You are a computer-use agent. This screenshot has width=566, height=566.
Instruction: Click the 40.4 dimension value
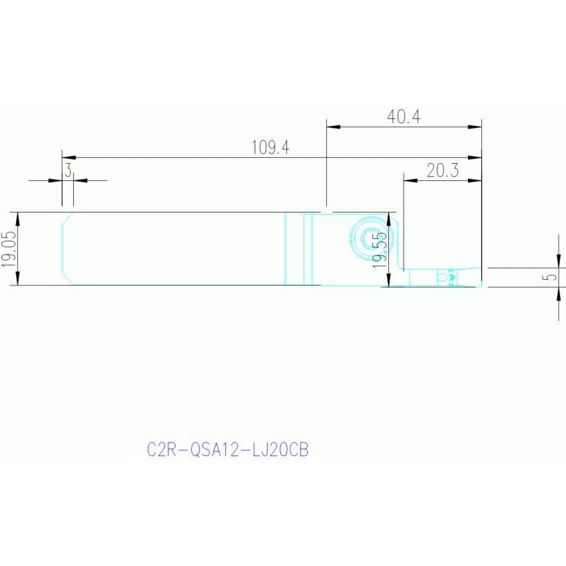click(404, 117)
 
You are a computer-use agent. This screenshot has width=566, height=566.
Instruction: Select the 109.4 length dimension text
click(270, 148)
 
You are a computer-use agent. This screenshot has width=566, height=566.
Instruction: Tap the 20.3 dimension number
click(443, 170)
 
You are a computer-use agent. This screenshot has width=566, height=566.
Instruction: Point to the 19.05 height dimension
click(9, 249)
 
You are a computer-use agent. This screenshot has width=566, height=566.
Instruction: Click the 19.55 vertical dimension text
click(379, 250)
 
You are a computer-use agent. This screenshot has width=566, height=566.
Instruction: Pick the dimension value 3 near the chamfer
click(68, 170)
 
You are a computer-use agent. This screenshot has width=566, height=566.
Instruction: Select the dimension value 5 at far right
click(549, 277)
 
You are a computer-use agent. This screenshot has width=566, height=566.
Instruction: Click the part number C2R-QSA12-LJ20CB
click(227, 449)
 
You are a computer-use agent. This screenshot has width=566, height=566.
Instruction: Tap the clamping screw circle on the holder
click(369, 238)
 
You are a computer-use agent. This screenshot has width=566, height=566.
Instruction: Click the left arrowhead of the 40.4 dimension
click(333, 127)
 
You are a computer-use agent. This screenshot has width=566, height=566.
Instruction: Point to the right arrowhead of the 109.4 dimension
click(474, 158)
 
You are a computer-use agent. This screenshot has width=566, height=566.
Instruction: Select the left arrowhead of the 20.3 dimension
click(410, 180)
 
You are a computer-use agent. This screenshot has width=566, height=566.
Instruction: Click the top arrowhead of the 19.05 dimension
click(18, 219)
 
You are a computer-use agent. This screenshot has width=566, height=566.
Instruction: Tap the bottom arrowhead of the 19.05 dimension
click(18, 278)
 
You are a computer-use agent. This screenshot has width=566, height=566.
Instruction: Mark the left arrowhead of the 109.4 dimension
click(69, 158)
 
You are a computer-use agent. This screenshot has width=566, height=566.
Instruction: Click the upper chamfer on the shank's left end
click(67, 218)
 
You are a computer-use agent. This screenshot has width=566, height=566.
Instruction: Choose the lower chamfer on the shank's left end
click(67, 279)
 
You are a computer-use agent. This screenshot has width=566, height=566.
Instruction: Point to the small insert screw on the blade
click(442, 277)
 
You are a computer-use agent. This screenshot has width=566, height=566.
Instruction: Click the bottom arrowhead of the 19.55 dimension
click(389, 280)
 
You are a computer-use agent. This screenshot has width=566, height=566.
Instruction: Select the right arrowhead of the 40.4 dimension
click(474, 127)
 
